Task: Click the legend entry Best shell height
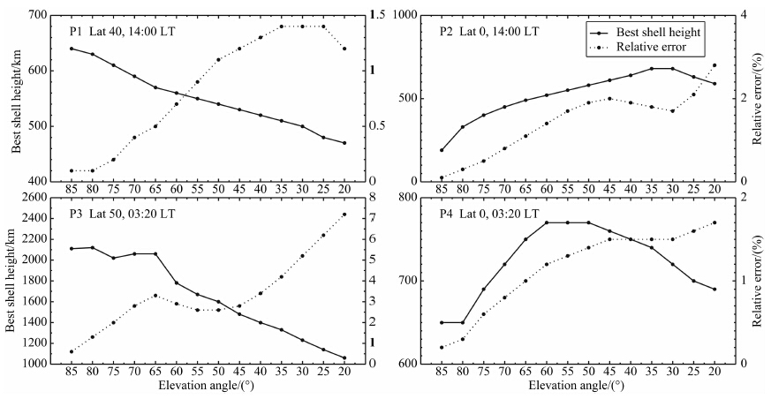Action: (661, 32)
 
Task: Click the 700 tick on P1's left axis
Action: (37, 15)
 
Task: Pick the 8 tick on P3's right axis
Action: (375, 197)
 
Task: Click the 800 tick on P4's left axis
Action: (407, 197)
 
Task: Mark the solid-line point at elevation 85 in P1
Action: (71, 49)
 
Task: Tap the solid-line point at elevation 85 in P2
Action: (442, 150)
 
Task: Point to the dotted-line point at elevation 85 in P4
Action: (442, 347)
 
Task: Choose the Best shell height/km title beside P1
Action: (17, 98)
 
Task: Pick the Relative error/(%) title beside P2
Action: (757, 98)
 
